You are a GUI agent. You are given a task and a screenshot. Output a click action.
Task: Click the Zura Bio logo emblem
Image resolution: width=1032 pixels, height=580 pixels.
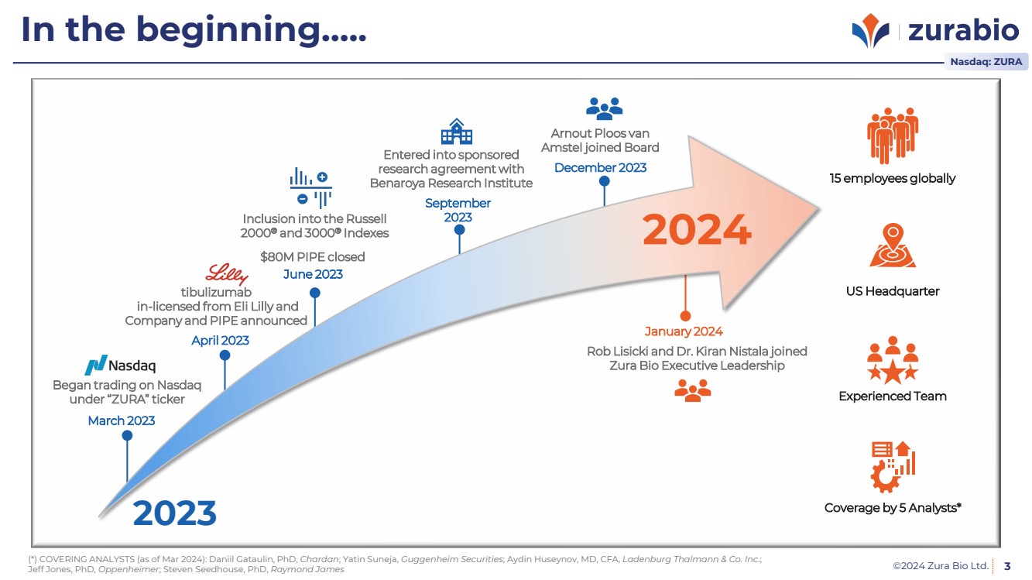(x=870, y=30)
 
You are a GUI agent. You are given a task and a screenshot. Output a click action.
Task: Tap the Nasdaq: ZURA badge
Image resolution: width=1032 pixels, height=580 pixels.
(x=986, y=62)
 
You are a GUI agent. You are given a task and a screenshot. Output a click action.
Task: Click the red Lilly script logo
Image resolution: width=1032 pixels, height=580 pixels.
(x=227, y=274)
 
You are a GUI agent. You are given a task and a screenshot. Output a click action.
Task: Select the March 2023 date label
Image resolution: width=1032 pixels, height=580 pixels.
(x=122, y=420)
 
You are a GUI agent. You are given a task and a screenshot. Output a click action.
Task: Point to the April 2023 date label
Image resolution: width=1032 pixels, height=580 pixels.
(x=220, y=341)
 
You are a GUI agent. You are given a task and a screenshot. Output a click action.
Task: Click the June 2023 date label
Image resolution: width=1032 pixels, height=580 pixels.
(x=313, y=274)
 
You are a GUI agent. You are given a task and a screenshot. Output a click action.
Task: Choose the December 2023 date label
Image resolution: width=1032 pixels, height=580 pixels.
(x=600, y=168)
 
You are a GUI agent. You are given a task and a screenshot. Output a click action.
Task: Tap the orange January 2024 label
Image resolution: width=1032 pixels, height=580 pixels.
(x=684, y=331)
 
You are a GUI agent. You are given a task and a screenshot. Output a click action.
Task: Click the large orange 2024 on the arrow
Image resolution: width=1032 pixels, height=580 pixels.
(x=697, y=229)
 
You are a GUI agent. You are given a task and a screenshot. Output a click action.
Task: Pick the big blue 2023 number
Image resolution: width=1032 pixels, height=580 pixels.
(x=175, y=513)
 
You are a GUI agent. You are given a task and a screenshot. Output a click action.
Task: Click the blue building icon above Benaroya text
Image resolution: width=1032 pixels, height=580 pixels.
(x=457, y=131)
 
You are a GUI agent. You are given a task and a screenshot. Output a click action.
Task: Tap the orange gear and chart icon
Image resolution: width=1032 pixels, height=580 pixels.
(x=893, y=467)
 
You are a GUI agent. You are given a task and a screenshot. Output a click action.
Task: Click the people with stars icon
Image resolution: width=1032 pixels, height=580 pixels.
(x=893, y=360)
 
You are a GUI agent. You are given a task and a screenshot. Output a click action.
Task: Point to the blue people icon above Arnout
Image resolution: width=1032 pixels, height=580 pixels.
(x=604, y=108)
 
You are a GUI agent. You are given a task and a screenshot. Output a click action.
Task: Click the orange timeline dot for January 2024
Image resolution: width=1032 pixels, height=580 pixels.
(x=685, y=316)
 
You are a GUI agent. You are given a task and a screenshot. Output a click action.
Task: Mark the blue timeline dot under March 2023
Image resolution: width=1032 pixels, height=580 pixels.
(x=127, y=436)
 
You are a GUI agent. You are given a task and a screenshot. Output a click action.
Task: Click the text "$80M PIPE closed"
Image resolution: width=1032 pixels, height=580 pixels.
(x=312, y=256)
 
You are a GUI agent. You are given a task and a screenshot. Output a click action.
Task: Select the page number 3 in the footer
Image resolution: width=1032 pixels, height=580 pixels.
(x=1007, y=566)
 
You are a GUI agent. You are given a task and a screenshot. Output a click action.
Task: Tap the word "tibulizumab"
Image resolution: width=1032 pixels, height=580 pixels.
(x=216, y=292)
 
